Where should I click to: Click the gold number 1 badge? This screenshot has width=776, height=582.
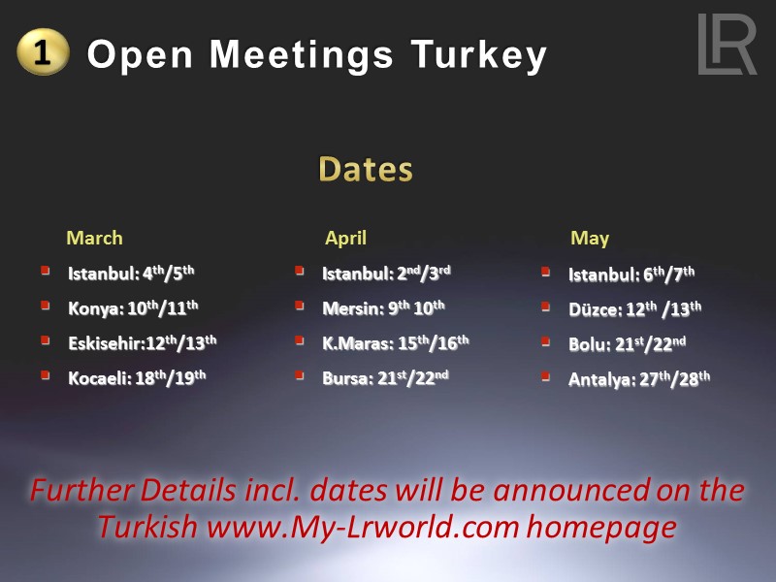(x=43, y=52)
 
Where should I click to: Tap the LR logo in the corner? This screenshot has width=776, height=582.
(x=727, y=45)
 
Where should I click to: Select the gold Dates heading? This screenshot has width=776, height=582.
(x=365, y=169)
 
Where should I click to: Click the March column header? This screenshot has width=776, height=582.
(x=94, y=238)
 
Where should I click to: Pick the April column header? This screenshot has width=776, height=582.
(x=345, y=238)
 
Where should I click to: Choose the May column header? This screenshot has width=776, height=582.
(x=590, y=238)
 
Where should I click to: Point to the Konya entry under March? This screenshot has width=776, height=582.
(x=133, y=308)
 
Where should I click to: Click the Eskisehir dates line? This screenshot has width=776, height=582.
(x=142, y=342)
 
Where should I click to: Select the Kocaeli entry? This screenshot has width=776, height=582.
(x=137, y=377)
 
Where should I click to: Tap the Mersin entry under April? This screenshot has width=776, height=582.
(x=383, y=308)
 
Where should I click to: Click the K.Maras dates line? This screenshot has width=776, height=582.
(x=396, y=342)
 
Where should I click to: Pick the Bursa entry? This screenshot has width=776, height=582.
(x=386, y=377)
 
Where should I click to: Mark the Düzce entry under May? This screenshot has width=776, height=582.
(x=634, y=309)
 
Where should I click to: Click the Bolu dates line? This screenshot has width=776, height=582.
(x=628, y=344)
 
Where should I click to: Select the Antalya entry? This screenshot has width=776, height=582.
(x=639, y=378)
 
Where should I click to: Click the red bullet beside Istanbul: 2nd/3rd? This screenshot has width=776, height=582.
(x=300, y=272)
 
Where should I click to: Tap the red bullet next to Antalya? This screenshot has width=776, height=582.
(x=546, y=375)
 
